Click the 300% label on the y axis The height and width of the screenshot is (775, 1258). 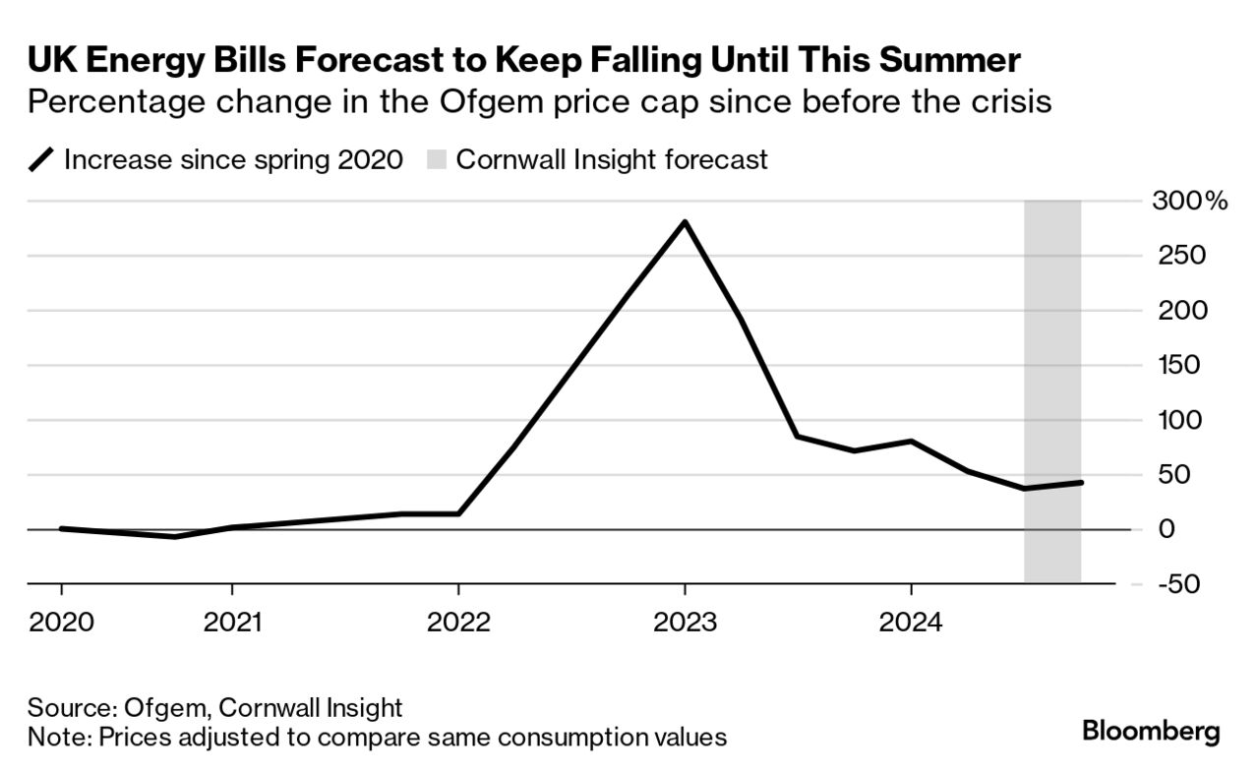tap(1188, 202)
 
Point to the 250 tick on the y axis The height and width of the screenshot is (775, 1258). tap(1177, 256)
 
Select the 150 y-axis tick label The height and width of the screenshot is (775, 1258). tap(1177, 365)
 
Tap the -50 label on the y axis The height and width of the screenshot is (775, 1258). tap(1177, 584)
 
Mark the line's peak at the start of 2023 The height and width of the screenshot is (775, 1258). tap(685, 222)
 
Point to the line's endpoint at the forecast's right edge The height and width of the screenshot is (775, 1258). tap(1081, 482)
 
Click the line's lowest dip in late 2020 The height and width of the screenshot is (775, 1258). tap(174, 537)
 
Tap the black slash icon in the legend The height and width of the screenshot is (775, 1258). tap(42, 160)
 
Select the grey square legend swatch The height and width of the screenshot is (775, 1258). tap(436, 160)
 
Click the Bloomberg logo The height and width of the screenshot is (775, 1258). tap(1151, 731)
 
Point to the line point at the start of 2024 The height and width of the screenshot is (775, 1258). tap(911, 442)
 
